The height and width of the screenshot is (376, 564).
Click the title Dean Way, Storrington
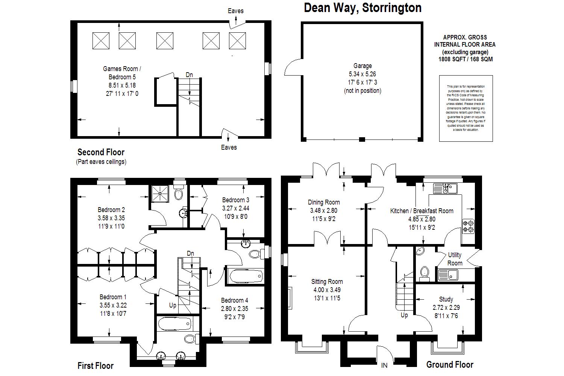tap(362, 8)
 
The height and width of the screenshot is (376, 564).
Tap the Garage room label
tap(362, 66)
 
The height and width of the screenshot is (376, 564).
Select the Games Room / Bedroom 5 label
tap(122, 73)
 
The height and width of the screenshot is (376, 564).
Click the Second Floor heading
tap(101, 152)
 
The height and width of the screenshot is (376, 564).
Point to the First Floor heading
tap(96, 365)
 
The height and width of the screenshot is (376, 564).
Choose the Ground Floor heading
tap(450, 364)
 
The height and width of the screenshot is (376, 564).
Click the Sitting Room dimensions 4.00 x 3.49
tap(327, 290)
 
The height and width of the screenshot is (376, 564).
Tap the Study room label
tap(446, 299)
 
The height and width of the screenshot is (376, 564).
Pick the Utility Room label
tap(455, 259)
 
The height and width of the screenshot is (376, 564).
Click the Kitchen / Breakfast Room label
tap(421, 211)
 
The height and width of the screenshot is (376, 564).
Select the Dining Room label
tap(324, 202)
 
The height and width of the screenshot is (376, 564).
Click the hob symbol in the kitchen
tap(468, 226)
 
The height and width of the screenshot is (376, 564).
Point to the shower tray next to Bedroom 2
tap(161, 194)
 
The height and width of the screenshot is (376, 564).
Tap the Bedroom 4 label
tap(235, 300)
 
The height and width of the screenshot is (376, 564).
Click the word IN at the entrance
tap(384, 365)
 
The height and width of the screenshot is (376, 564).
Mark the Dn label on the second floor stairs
tap(189, 75)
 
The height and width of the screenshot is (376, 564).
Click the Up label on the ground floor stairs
tap(404, 315)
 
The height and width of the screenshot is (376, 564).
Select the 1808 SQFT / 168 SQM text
tap(465, 59)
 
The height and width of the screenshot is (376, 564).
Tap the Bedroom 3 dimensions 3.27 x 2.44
tap(236, 208)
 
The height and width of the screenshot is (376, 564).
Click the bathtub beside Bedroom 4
tap(244, 277)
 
